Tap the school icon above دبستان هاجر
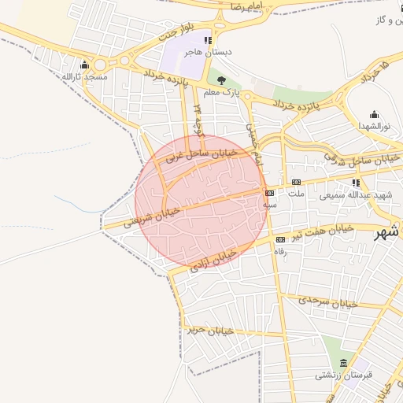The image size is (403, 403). [208, 40]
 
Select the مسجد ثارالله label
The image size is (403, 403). [84, 77]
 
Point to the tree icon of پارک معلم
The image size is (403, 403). [221, 80]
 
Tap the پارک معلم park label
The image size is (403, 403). [221, 92]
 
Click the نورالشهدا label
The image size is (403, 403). [374, 126]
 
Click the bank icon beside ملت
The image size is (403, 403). [296, 182]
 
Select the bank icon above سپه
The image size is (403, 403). [270, 192]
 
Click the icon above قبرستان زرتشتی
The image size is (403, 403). [343, 362]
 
